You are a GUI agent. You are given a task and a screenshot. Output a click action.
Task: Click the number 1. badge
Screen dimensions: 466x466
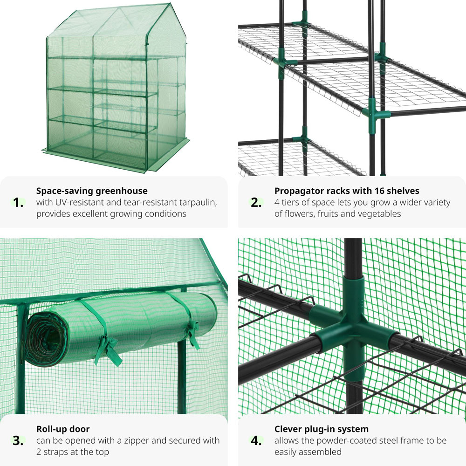18,203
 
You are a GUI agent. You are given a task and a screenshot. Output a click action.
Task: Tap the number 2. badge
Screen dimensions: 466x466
256,203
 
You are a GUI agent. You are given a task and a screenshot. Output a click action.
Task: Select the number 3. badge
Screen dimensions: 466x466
18,441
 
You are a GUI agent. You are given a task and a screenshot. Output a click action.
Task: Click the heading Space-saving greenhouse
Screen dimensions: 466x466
92,191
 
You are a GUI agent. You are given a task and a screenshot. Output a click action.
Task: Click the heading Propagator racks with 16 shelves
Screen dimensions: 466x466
347,191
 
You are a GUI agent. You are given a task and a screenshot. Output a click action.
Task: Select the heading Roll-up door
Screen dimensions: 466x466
63,429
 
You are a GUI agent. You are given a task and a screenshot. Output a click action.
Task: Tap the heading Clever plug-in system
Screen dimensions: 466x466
321,429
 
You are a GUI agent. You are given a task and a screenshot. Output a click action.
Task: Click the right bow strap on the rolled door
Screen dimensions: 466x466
191,333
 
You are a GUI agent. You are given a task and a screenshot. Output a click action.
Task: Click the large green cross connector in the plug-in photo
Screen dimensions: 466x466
353,326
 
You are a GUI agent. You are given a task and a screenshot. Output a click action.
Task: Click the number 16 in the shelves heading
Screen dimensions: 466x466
377,191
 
